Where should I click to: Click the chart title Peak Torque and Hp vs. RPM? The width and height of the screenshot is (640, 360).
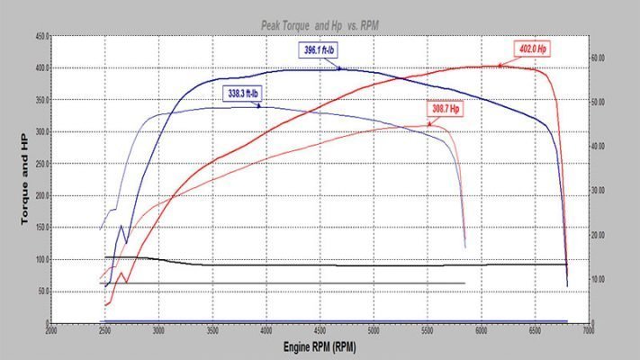point(320,28)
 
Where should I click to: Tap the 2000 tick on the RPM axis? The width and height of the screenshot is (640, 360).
point(51,331)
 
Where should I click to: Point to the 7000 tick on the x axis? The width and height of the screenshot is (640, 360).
point(589,331)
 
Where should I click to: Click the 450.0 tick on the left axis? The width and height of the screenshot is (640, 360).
point(40,37)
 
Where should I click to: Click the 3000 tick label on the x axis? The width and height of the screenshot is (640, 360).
point(159,331)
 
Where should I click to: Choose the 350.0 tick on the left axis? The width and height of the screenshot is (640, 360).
point(40,101)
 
